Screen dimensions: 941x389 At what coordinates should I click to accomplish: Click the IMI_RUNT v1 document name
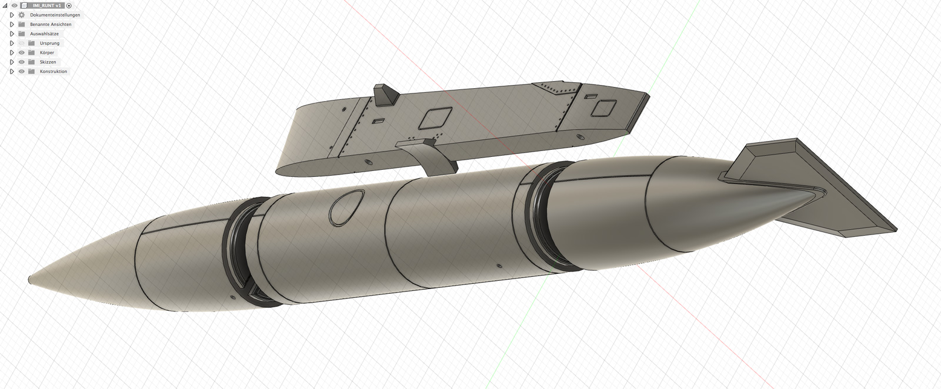tap(46, 5)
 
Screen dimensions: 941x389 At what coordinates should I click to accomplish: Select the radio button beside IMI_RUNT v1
tap(69, 5)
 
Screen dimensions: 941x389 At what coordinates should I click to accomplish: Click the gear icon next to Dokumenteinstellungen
tap(22, 15)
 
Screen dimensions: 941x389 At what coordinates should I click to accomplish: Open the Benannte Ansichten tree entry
tap(51, 24)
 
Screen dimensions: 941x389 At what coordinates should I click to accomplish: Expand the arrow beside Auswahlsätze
tap(12, 33)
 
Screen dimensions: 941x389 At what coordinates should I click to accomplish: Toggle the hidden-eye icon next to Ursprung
tap(22, 43)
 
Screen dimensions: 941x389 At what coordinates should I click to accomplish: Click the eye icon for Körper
tap(22, 52)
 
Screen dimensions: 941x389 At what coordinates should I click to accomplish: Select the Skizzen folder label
tap(48, 62)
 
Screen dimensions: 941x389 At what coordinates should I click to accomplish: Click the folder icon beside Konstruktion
tap(32, 71)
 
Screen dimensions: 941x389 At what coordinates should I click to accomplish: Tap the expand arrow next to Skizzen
tap(12, 62)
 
